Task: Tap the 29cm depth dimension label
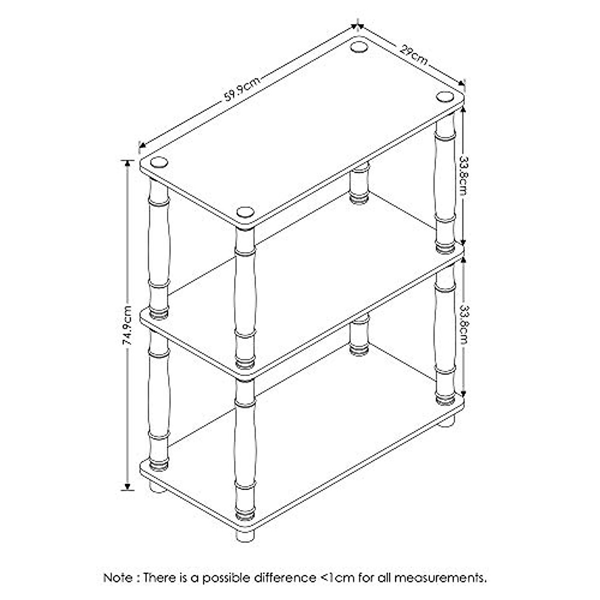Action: (413, 54)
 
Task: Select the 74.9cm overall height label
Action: (128, 325)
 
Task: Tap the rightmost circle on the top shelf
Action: (443, 96)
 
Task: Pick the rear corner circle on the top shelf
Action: (358, 47)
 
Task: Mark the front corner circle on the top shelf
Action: (244, 211)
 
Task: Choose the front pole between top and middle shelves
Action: (244, 295)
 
